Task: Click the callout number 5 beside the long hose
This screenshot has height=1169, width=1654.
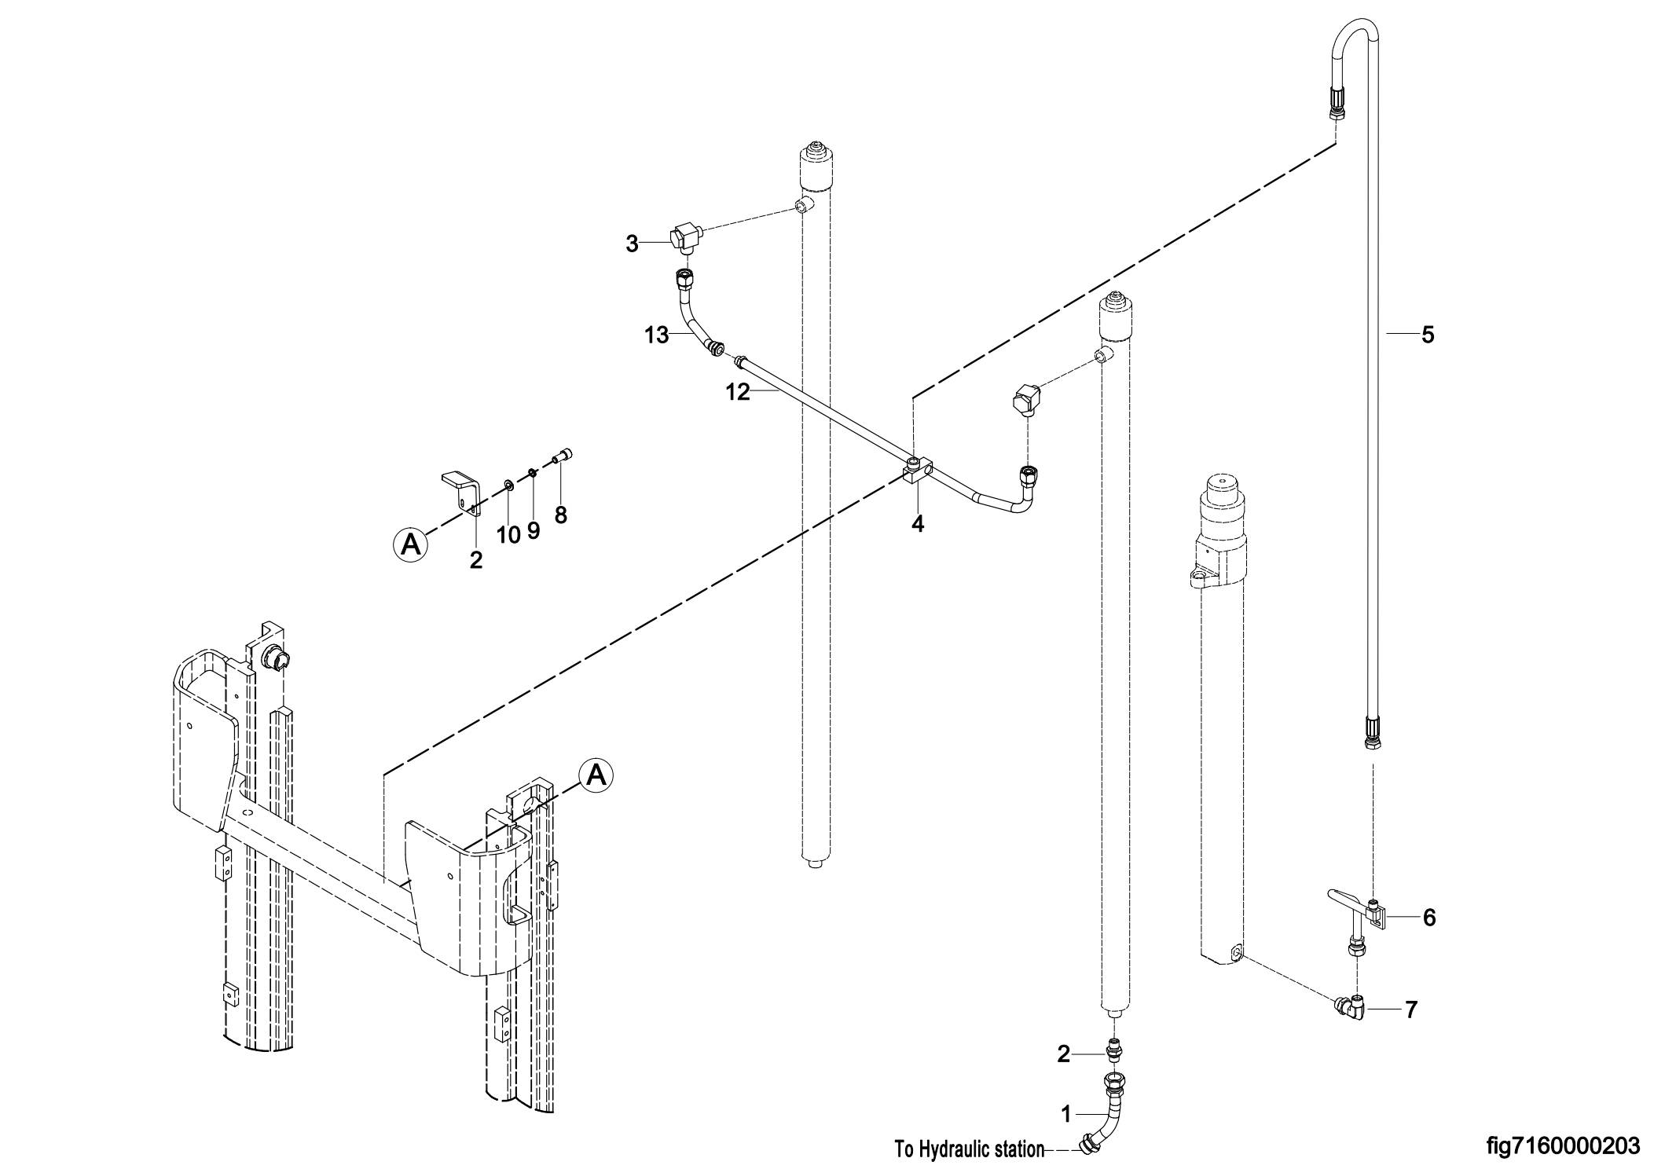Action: pyautogui.click(x=1428, y=335)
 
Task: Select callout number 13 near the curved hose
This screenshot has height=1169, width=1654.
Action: pyautogui.click(x=656, y=336)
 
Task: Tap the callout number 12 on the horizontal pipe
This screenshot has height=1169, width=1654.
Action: pyautogui.click(x=738, y=392)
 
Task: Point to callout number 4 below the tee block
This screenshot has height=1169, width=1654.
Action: pyautogui.click(x=918, y=523)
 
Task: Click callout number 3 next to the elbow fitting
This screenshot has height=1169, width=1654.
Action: pyautogui.click(x=633, y=244)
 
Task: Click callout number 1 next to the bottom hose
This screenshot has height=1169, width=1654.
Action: pyautogui.click(x=1066, y=1114)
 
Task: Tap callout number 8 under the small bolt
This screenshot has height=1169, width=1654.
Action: pyautogui.click(x=561, y=515)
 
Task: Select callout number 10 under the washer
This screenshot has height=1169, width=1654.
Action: pyautogui.click(x=508, y=535)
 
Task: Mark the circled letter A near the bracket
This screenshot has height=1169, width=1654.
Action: pyautogui.click(x=410, y=544)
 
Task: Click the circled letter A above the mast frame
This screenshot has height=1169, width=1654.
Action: pyautogui.click(x=596, y=775)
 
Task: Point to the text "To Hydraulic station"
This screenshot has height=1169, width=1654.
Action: pyautogui.click(x=970, y=1150)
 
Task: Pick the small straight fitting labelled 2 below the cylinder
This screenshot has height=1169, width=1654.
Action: pyautogui.click(x=1113, y=1049)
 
